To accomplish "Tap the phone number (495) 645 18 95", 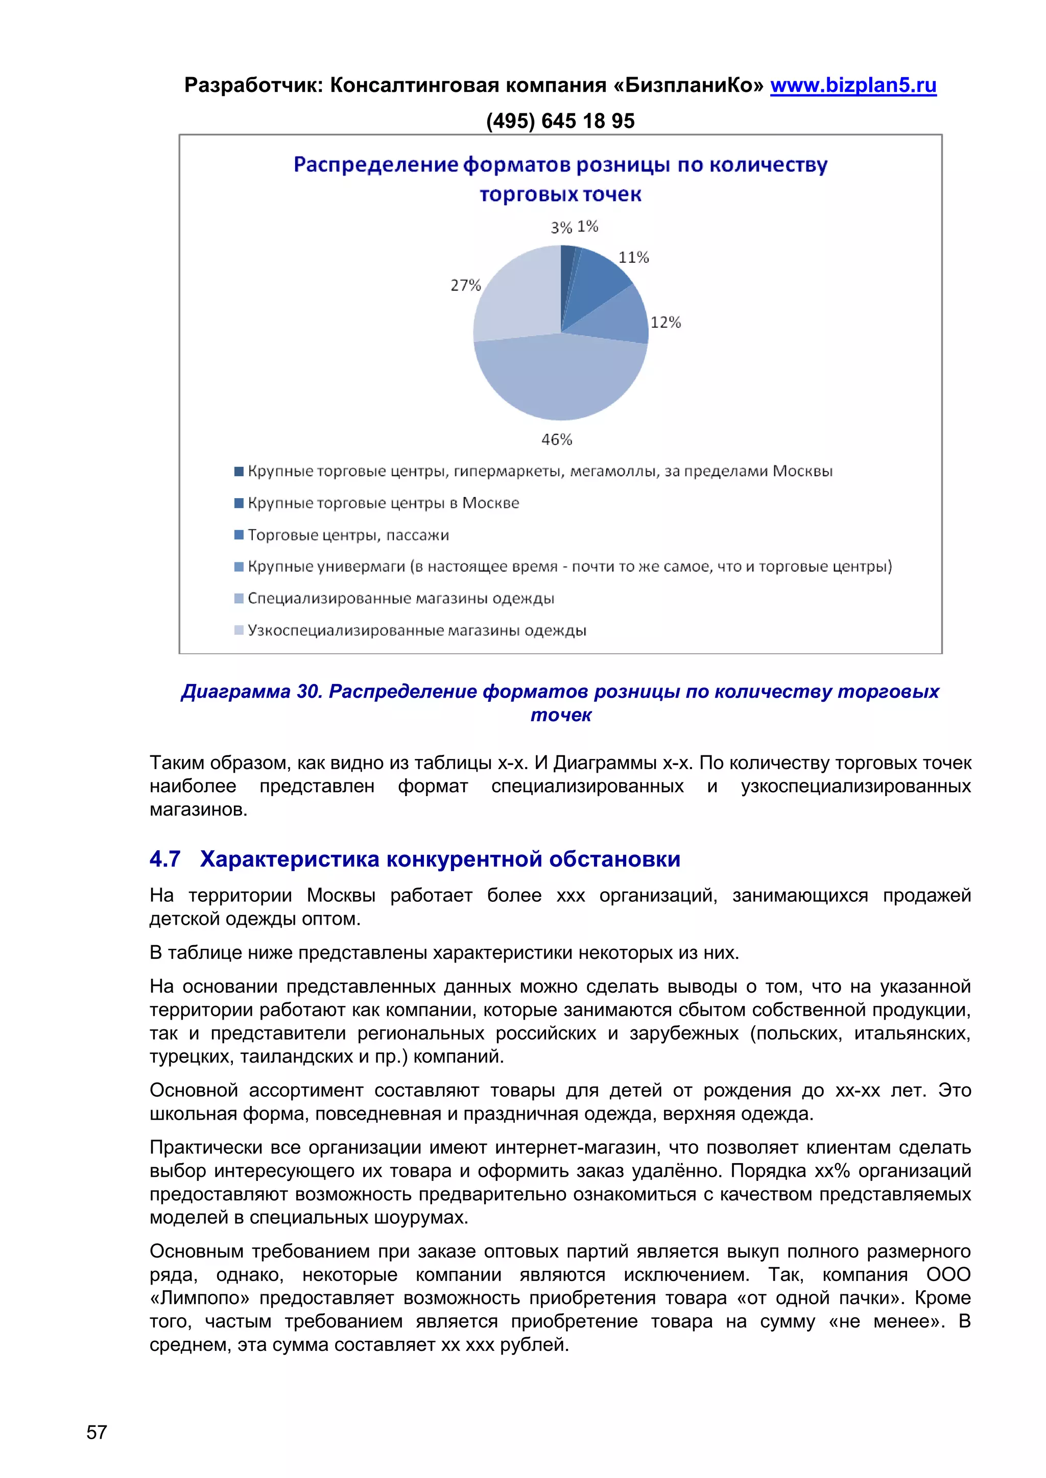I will tap(560, 121).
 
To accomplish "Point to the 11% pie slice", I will tap(596, 280).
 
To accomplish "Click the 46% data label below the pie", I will tap(557, 439).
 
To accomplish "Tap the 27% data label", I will tap(465, 285).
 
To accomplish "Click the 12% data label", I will tap(665, 323).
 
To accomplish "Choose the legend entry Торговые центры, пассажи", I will tap(348, 535).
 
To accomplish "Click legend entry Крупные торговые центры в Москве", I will tap(383, 503).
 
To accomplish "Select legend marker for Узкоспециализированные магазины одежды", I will tap(239, 630).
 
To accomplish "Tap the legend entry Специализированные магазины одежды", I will tap(400, 599).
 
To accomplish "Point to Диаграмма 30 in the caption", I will tap(251, 692).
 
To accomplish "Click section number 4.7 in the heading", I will tap(164, 859).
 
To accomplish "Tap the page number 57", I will tap(97, 1432).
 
